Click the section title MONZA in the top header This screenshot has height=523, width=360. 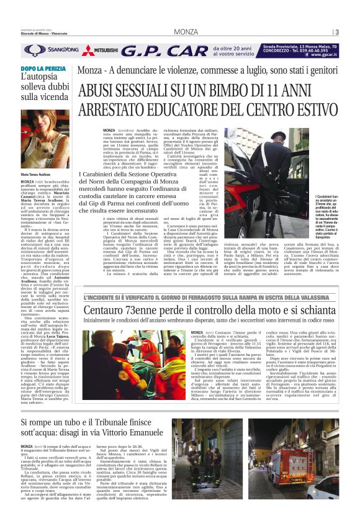point(186,32)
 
